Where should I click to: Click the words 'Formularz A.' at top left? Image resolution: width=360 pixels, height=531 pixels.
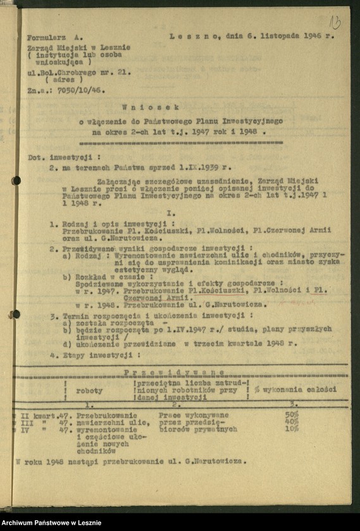pos(55,38)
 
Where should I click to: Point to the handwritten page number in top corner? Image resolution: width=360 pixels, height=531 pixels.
pos(335,23)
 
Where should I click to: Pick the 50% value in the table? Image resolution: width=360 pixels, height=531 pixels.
pos(292,414)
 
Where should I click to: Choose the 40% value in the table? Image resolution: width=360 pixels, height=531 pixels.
pos(292,421)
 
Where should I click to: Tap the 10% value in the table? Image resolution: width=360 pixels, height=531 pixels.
pos(292,428)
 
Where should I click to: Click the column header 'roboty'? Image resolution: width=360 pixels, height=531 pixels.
pos(89,390)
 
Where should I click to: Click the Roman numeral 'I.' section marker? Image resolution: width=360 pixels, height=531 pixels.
pos(171,214)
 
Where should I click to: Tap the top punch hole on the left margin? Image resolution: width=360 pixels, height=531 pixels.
pos(16,181)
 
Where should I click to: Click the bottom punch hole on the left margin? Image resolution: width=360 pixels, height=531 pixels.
pos(15,314)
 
